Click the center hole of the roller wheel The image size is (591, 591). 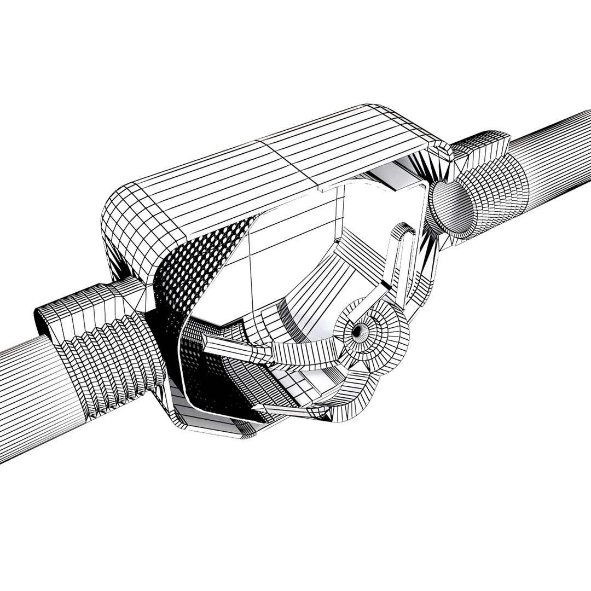[357, 330]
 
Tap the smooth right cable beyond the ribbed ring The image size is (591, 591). [558, 142]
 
